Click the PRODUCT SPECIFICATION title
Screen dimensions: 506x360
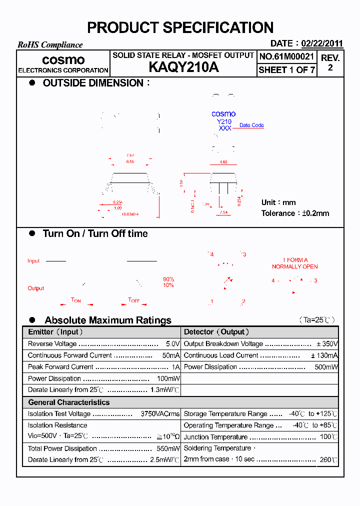point(180,27)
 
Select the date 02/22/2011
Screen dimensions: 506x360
point(322,43)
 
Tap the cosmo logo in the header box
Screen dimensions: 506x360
point(63,60)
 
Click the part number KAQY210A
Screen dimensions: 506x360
point(183,68)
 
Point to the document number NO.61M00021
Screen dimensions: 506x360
point(286,56)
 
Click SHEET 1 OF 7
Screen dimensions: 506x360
point(286,70)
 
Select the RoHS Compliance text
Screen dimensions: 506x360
point(50,45)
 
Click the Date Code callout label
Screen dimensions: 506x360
point(251,125)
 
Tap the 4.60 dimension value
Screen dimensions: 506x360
point(223,162)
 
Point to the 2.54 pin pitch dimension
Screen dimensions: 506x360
point(223,212)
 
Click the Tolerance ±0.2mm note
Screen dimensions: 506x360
point(295,213)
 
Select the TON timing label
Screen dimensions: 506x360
point(76,300)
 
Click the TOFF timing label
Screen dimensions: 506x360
point(134,300)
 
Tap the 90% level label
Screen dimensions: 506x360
point(168,279)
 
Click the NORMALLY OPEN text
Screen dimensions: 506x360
point(294,267)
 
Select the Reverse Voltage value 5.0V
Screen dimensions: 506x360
point(172,344)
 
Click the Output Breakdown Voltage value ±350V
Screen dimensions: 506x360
point(327,344)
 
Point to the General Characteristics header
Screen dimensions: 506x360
point(69,402)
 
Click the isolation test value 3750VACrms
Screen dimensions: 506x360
point(160,414)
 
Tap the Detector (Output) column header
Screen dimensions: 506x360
point(216,332)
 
